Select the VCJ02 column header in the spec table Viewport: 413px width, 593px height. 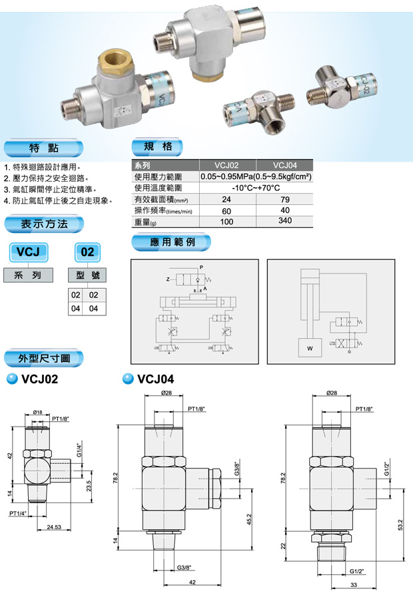[227, 166]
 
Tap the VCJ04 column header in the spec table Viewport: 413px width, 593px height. [285, 166]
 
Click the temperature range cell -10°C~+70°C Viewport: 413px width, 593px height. [256, 188]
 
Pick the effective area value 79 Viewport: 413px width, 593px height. [285, 199]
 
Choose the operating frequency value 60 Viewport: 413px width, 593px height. [226, 211]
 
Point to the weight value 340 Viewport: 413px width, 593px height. [285, 221]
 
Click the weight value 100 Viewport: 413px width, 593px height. [226, 222]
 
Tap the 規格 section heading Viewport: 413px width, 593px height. [157, 146]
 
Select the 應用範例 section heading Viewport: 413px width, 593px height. [173, 242]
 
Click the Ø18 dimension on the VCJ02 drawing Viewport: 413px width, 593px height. [38, 413]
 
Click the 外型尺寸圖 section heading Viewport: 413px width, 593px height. [46, 358]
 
